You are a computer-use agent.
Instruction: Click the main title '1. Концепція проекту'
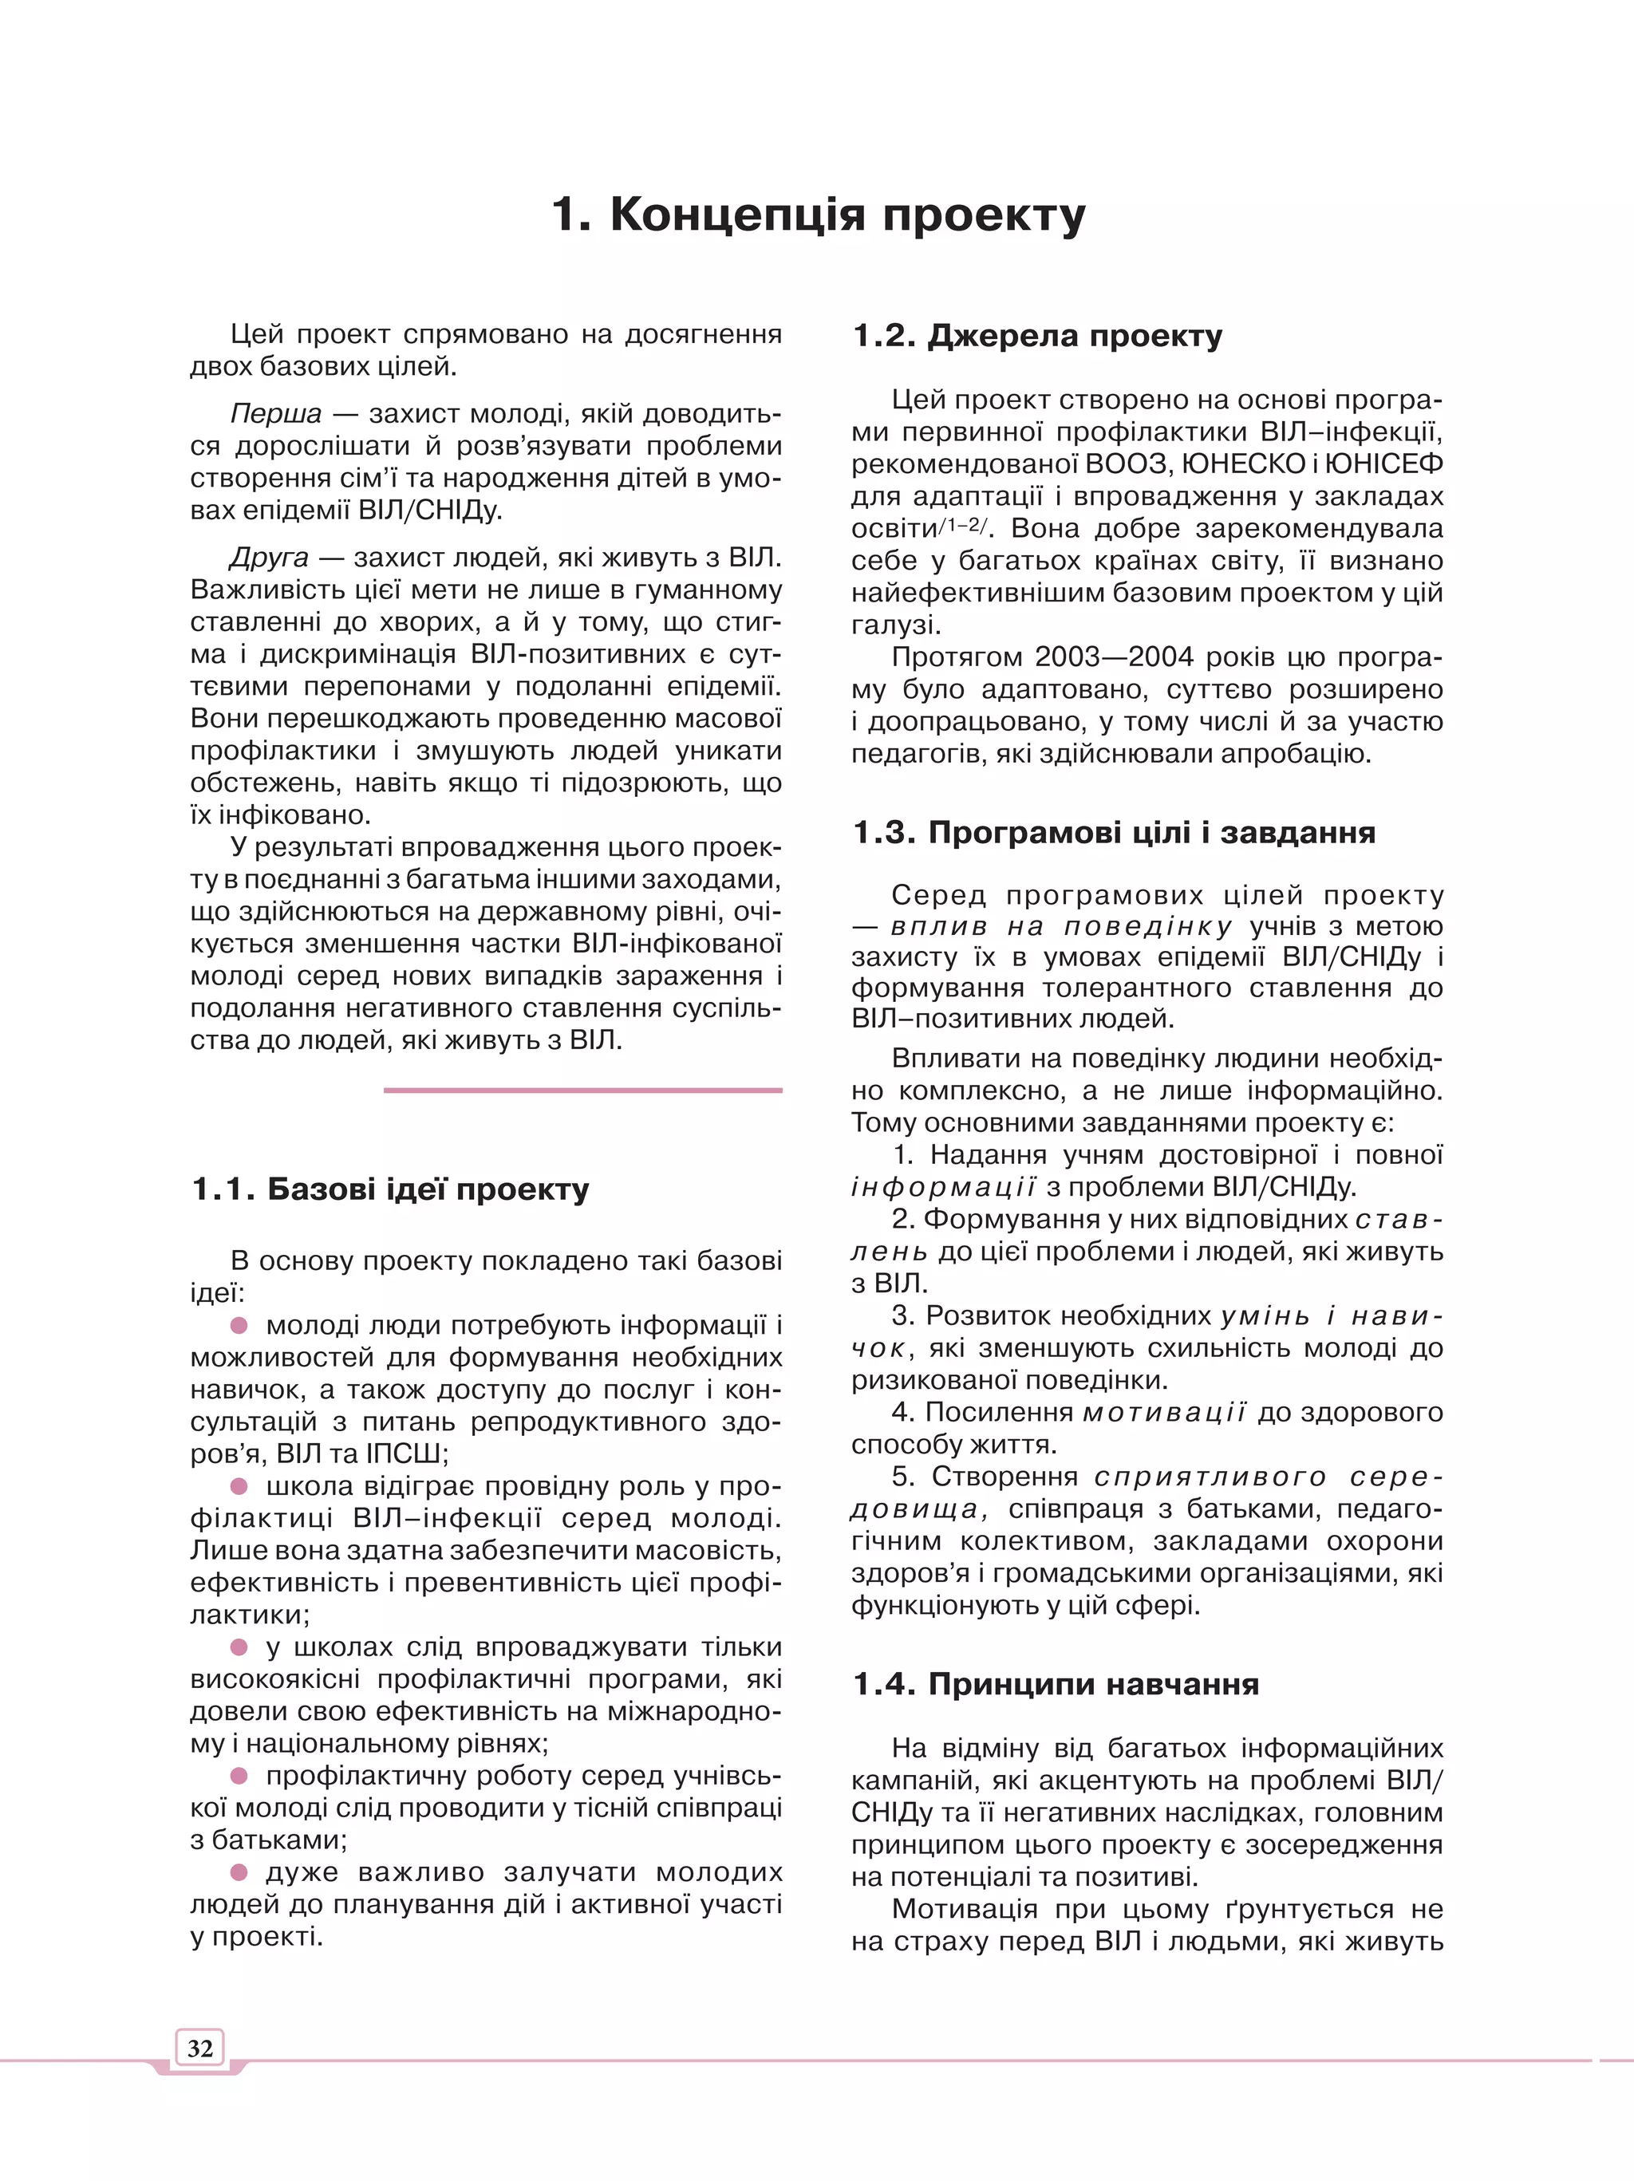coord(818,214)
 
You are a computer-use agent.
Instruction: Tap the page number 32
coord(200,2048)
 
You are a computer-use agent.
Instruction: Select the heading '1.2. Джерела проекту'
coord(1036,335)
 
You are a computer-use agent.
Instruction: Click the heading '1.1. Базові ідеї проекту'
coord(389,1189)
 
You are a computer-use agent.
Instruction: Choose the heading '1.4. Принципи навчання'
coord(1055,1684)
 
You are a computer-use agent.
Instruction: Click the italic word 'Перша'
coord(275,413)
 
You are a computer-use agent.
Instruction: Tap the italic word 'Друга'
coord(268,558)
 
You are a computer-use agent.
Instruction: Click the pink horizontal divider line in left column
coord(582,1090)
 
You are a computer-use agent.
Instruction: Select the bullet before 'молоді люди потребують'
coord(239,1325)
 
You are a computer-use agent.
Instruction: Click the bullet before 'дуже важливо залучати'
coord(239,1871)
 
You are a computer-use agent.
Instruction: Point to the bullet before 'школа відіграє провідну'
coord(239,1486)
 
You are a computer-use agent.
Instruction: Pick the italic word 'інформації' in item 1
coord(943,1187)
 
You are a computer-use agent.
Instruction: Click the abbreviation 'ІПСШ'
coord(405,1454)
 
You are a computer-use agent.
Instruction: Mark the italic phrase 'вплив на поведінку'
coord(1061,927)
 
